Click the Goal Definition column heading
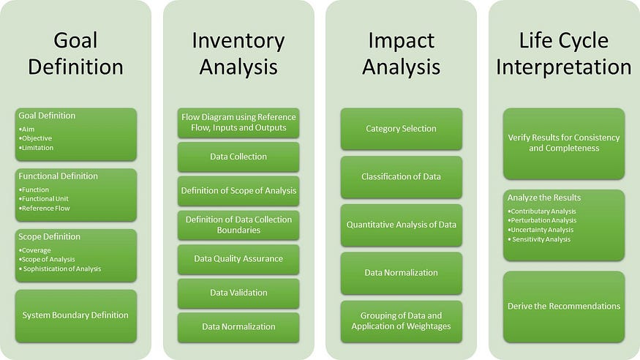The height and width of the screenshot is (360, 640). pos(75,53)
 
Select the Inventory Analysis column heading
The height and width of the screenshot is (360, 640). pos(238,53)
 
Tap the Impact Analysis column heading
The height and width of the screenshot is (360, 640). pos(401,53)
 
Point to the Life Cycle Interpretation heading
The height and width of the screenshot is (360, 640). pos(563,53)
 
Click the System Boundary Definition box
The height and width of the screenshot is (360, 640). pos(75,315)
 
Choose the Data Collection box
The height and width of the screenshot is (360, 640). pos(238,157)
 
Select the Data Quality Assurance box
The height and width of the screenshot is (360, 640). pos(238,258)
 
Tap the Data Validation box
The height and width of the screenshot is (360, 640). pos(238,293)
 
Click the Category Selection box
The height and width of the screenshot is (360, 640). pos(401,129)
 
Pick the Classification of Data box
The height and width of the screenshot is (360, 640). pos(401,176)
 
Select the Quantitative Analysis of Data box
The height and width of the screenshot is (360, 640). pos(401,225)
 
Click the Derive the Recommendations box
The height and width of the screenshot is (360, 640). pos(563,306)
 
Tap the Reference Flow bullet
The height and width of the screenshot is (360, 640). pos(46,209)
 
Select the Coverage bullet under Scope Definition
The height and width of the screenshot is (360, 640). pos(37,250)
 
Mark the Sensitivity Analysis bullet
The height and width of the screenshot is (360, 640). pos(542,239)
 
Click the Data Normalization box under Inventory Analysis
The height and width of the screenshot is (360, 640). pos(238,326)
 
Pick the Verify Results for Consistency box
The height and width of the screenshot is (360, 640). pos(563,143)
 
